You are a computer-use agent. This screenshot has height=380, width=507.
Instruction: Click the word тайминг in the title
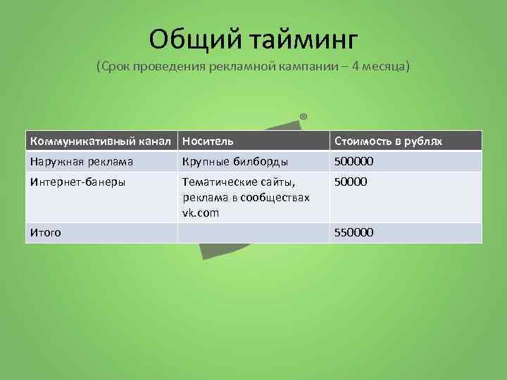click(303, 40)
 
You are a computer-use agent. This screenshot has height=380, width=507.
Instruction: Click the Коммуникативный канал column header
click(101, 141)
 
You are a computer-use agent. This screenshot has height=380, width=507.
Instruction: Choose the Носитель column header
click(208, 141)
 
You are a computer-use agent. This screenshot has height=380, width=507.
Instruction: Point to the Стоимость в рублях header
click(388, 141)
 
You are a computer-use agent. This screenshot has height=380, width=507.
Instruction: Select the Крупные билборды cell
click(230, 162)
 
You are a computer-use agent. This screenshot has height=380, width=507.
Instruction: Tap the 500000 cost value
click(353, 162)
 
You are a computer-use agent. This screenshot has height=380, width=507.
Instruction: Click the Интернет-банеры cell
click(77, 182)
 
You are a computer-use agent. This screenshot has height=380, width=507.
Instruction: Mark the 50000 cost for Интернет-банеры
click(351, 182)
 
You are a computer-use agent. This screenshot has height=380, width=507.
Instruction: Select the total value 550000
click(353, 232)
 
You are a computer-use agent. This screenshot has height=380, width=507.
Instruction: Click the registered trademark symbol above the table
click(303, 116)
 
